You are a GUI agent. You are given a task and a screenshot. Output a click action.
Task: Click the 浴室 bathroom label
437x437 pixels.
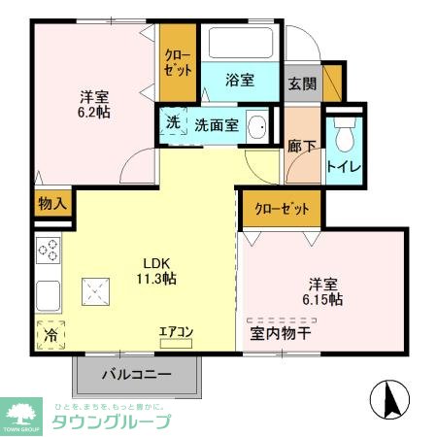(x=241, y=81)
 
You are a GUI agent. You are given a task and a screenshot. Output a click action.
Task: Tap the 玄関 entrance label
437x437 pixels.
(x=301, y=83)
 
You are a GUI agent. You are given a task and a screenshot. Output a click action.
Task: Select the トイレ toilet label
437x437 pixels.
(x=345, y=166)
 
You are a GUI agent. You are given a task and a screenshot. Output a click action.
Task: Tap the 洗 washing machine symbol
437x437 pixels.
(x=173, y=124)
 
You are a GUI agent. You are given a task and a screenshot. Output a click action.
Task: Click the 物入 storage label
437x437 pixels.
(x=51, y=204)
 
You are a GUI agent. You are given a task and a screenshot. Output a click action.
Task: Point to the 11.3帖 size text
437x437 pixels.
(x=157, y=279)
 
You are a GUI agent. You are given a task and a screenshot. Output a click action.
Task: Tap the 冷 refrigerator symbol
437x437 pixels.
(x=50, y=334)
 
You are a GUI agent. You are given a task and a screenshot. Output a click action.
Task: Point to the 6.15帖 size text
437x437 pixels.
(x=321, y=300)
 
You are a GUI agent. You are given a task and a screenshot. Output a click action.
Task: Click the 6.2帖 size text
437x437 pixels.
(x=94, y=113)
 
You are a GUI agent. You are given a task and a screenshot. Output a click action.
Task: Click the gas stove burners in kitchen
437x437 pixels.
(x=48, y=251)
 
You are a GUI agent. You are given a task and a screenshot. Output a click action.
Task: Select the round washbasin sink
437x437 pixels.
(x=259, y=126)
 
